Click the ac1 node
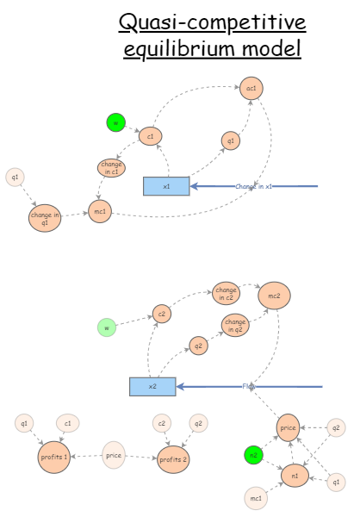click(251, 88)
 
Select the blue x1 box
click(166, 186)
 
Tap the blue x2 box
click(152, 387)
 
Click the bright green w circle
click(115, 122)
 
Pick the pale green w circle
click(107, 327)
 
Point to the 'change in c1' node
click(112, 169)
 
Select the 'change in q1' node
click(45, 218)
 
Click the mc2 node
click(275, 296)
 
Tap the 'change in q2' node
click(234, 326)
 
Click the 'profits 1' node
click(54, 457)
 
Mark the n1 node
click(295, 475)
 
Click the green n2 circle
click(252, 454)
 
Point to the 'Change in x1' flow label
click(254, 186)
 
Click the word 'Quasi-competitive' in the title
click(212, 22)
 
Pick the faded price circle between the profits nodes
click(115, 454)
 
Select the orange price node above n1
click(289, 427)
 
